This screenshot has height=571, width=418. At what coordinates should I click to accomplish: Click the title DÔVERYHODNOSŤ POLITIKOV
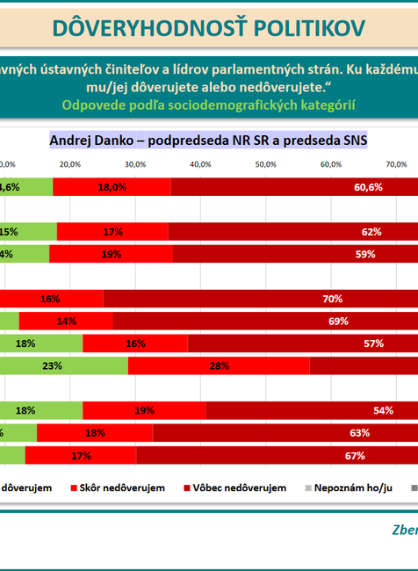(x=208, y=28)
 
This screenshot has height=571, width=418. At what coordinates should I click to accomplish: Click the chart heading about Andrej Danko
(x=208, y=140)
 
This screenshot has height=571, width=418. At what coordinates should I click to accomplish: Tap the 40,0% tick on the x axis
(x=199, y=164)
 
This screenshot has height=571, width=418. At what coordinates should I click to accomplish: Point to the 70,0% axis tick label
(x=395, y=164)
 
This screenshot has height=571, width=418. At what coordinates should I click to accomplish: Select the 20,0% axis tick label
(x=70, y=164)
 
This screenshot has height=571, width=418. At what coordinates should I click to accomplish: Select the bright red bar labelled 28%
(x=219, y=365)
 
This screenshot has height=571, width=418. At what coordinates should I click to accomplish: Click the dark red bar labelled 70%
(x=332, y=299)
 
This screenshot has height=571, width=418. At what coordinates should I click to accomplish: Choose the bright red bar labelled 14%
(x=65, y=321)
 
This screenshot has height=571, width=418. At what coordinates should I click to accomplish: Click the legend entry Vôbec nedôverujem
(x=235, y=487)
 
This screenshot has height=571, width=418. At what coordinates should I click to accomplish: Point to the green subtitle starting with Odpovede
(x=208, y=105)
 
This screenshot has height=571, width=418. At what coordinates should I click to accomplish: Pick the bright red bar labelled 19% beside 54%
(x=144, y=410)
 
